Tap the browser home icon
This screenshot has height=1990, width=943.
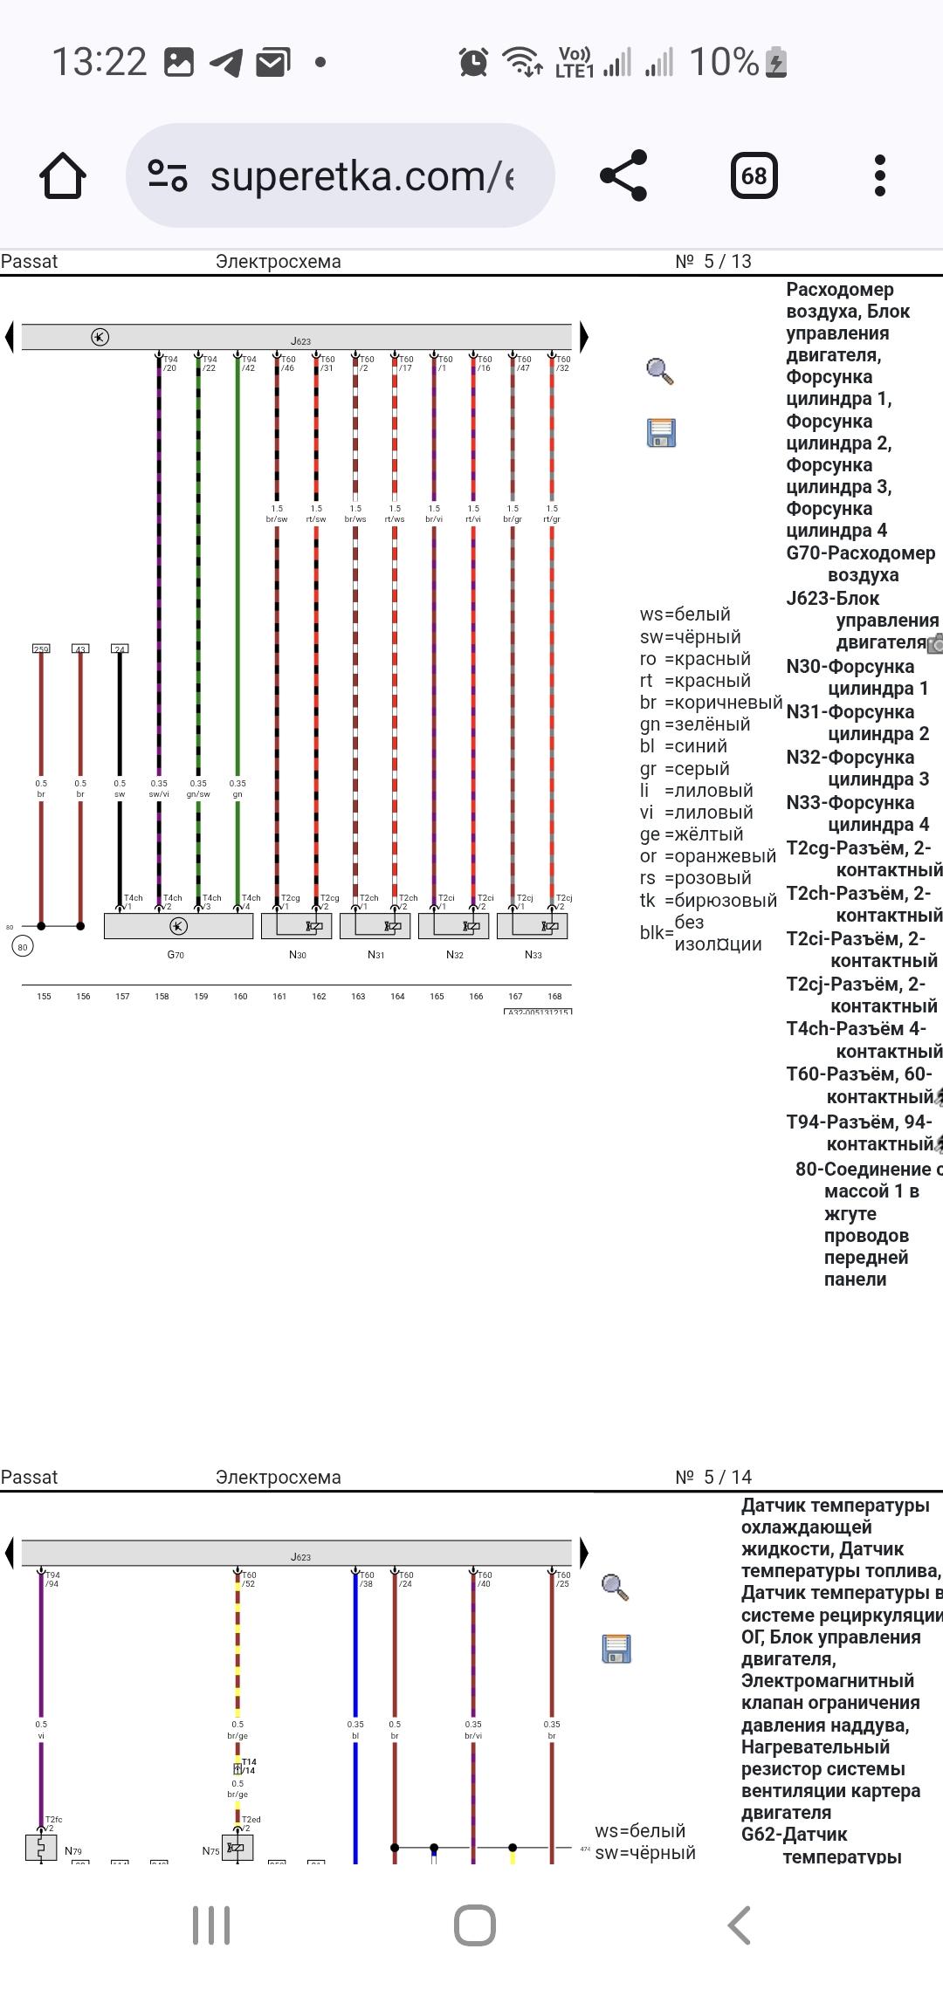tap(63, 175)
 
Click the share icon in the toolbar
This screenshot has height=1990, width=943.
tap(623, 175)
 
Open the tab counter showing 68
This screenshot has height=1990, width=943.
tap(754, 175)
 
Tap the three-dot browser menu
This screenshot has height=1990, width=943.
tap(879, 175)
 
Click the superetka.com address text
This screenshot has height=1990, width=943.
tap(361, 176)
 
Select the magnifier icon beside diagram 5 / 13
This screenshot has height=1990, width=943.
tap(659, 371)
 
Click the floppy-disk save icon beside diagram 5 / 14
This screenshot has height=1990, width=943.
tap(616, 1648)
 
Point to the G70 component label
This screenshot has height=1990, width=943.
tap(176, 955)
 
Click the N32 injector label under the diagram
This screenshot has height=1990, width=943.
tap(454, 955)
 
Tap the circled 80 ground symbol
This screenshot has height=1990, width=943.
tap(23, 946)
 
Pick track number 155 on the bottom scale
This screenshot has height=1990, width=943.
tap(44, 996)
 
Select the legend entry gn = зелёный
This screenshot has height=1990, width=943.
tap(695, 724)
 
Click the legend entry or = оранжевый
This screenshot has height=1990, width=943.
tap(708, 856)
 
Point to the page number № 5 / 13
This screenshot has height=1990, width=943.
tap(713, 261)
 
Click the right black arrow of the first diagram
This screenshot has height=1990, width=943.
tap(583, 337)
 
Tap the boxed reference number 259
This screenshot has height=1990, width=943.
tap(41, 648)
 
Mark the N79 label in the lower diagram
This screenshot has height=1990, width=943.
tap(73, 1850)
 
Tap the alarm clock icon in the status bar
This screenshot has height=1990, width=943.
tap(473, 62)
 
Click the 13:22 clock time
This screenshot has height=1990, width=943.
tap(100, 62)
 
